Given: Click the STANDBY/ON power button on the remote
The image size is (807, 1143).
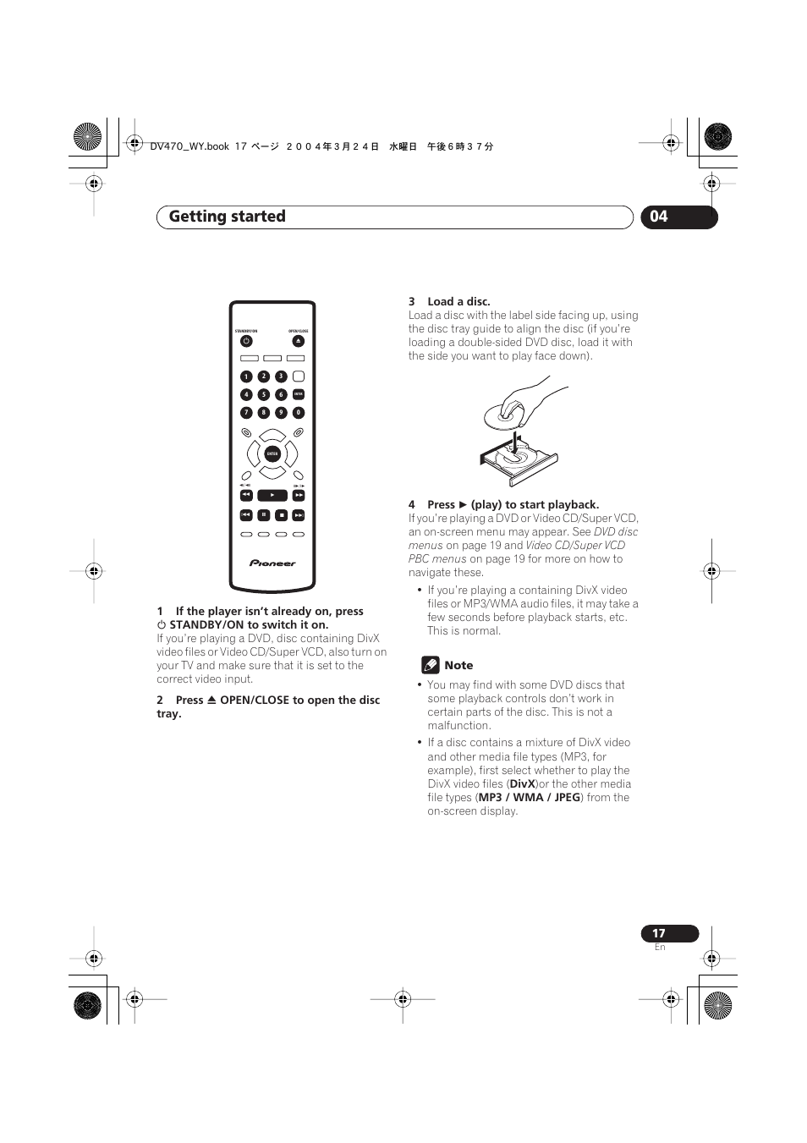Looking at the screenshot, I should [246, 341].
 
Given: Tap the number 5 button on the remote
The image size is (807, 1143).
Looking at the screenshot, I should [264, 394].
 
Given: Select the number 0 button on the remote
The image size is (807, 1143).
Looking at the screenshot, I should [299, 413].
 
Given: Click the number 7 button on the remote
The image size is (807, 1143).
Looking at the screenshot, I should [246, 413].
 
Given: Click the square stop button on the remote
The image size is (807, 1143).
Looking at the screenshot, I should [282, 514].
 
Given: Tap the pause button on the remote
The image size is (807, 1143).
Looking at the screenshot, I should [264, 514].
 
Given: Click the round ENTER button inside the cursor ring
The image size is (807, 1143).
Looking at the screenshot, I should [272, 454].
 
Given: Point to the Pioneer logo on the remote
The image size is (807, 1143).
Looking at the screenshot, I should [272, 563].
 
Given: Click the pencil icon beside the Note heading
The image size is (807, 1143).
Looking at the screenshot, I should [431, 665].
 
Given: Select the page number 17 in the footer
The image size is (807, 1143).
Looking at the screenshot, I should [659, 933].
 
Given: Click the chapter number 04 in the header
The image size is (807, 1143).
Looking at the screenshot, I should [659, 217].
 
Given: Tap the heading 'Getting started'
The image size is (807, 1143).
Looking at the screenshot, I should [227, 217].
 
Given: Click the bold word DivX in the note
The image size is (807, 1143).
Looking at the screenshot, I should [522, 784].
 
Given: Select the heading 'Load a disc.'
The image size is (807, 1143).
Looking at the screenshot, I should [458, 301].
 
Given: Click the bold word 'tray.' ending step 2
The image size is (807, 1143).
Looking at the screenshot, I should [169, 714].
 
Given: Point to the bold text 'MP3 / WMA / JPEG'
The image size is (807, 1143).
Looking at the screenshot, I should [530, 798].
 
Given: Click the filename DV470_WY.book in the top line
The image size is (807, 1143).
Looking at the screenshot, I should [189, 146].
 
